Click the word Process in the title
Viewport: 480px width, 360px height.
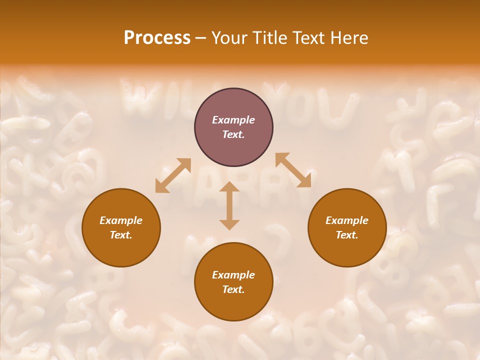tap(157, 38)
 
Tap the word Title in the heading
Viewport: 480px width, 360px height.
tap(272, 38)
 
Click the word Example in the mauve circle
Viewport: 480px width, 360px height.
tap(233, 120)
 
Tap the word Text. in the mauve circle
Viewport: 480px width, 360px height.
tap(233, 134)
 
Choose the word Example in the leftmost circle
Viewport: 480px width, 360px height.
tap(121, 220)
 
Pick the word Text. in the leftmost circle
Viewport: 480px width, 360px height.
tap(121, 235)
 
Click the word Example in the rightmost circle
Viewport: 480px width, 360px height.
tap(347, 220)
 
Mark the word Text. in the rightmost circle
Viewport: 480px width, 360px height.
tap(347, 235)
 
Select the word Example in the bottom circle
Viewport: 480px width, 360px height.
tap(233, 275)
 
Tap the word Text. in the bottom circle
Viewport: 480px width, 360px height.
tap(233, 289)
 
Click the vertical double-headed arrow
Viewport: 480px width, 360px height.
tap(229, 205)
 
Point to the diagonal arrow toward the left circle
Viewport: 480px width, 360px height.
tap(173, 175)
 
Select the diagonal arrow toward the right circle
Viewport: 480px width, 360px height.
tap(293, 170)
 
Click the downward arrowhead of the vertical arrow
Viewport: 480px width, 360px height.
tap(229, 224)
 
